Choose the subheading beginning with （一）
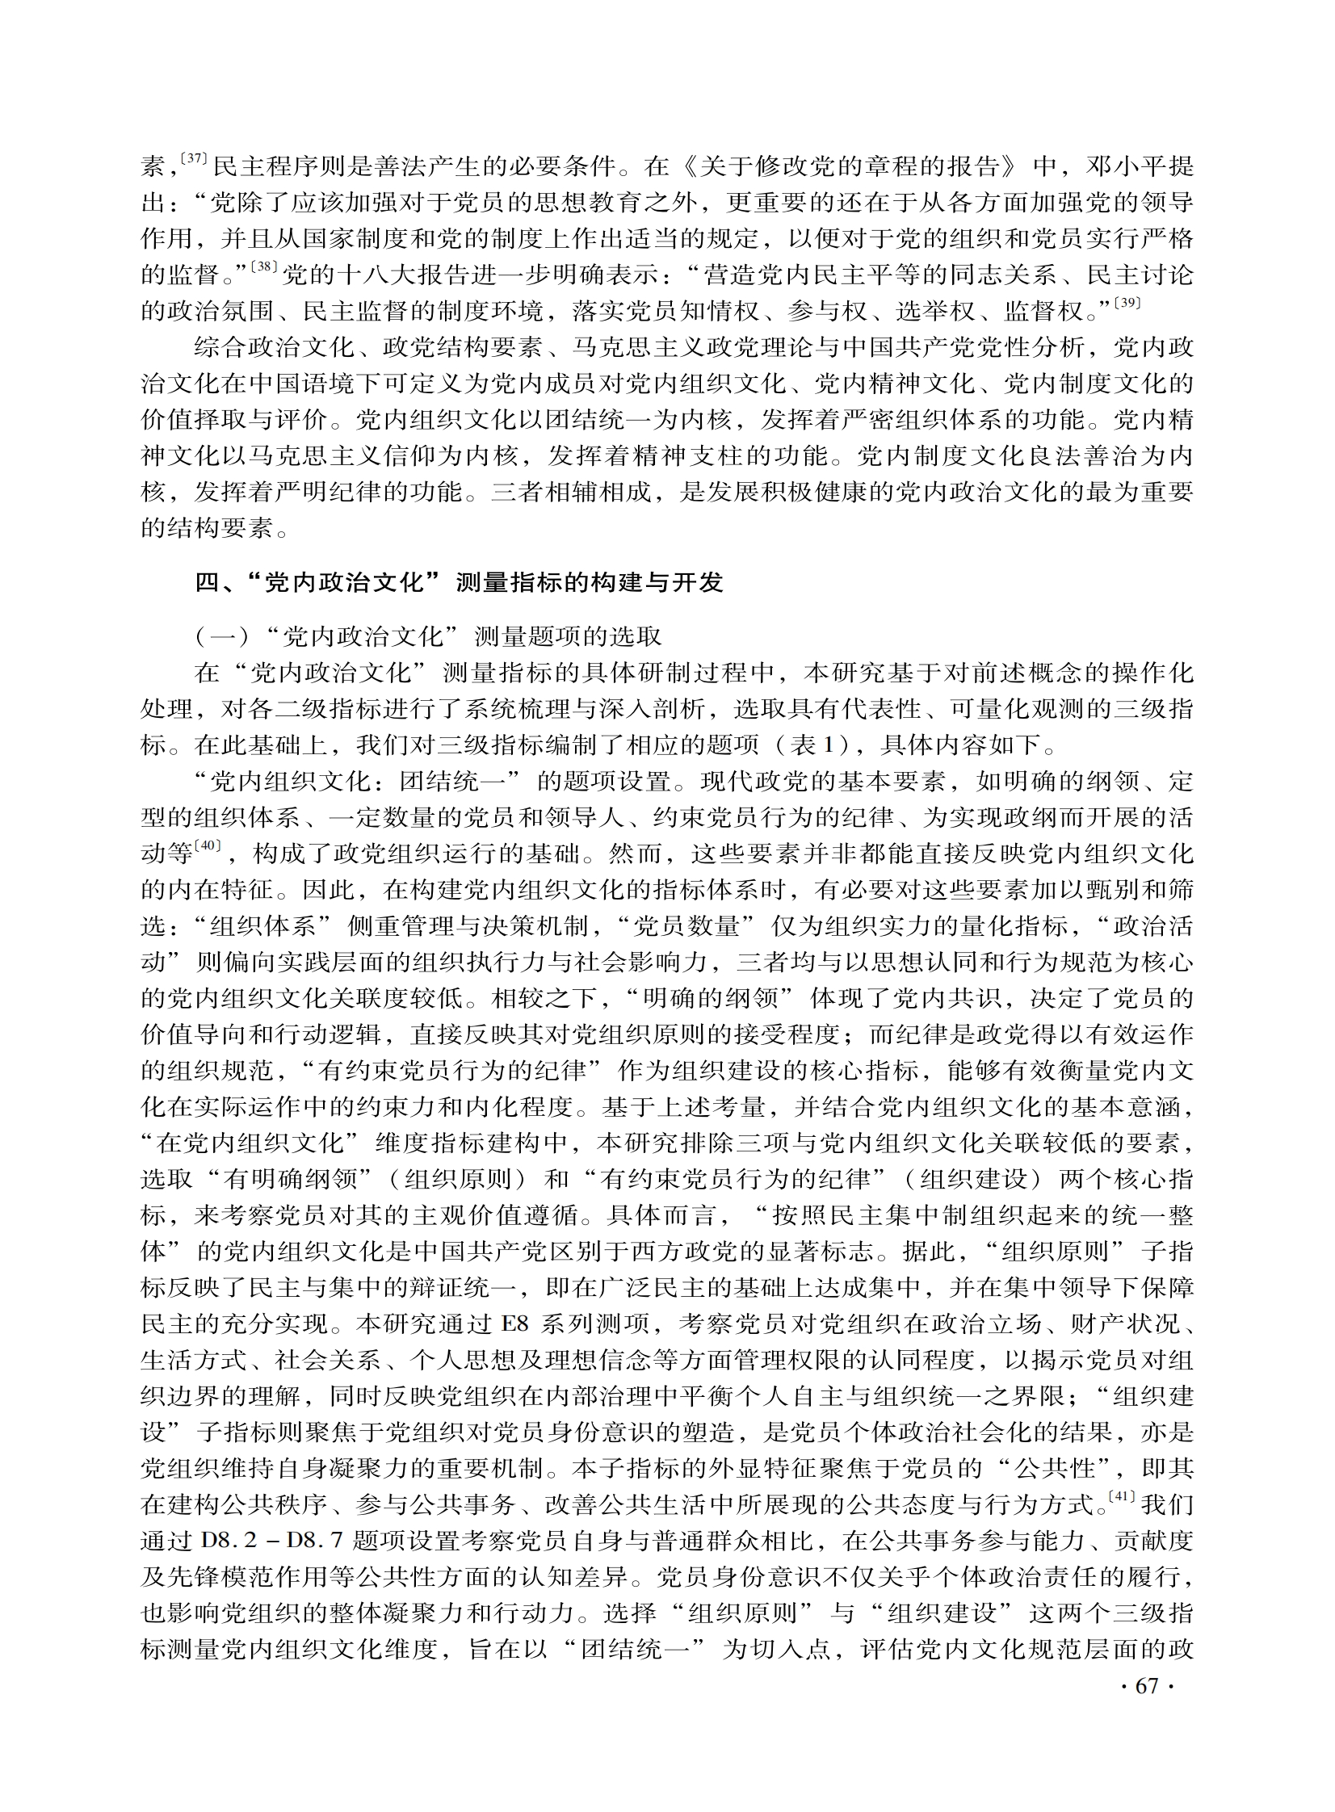[x=428, y=637]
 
